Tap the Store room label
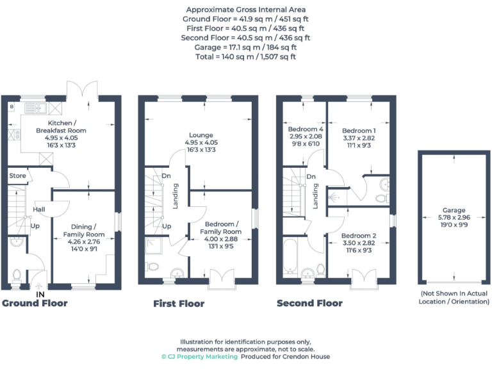[x=17, y=176]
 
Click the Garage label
[x=454, y=210]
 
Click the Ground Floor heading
[x=34, y=303]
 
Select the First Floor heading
[x=179, y=303]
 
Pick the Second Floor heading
[x=309, y=303]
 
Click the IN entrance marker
[x=40, y=294]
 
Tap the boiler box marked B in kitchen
[x=12, y=106]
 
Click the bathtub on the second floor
[x=290, y=256]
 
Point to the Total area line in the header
[x=246, y=56]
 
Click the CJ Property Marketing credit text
[x=199, y=356]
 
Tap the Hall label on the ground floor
[x=38, y=209]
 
